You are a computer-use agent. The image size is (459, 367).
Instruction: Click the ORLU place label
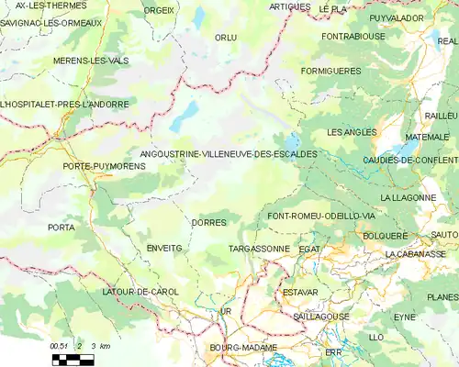tap(225, 38)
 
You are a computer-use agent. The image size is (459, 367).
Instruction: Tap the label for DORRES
tap(208, 222)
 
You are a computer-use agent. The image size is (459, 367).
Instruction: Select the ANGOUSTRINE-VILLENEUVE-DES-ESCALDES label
tap(229, 154)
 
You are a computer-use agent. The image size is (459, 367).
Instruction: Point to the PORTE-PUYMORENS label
tap(93, 166)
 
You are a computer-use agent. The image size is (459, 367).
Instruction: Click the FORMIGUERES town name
tap(330, 70)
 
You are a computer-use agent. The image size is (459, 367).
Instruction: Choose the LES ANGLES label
tap(352, 132)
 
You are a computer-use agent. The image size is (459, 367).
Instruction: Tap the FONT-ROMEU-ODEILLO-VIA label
tap(320, 216)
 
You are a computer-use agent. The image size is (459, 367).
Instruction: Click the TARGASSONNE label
tap(258, 249)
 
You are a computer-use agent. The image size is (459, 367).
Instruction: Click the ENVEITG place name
tap(164, 248)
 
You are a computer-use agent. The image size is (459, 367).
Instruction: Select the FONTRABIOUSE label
tap(353, 36)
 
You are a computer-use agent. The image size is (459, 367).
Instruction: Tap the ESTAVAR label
tap(299, 292)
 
